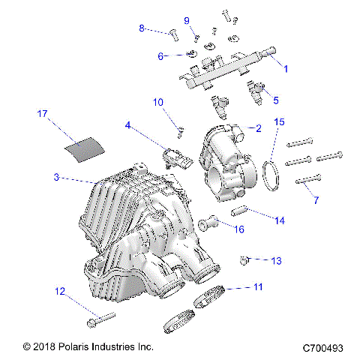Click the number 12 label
[59, 290]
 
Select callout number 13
[276, 261]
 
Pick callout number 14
[280, 220]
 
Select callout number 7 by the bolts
[316, 200]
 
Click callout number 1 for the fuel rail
[284, 67]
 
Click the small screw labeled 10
[180, 133]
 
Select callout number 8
[141, 28]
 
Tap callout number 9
[187, 20]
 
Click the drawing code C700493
[323, 348]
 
